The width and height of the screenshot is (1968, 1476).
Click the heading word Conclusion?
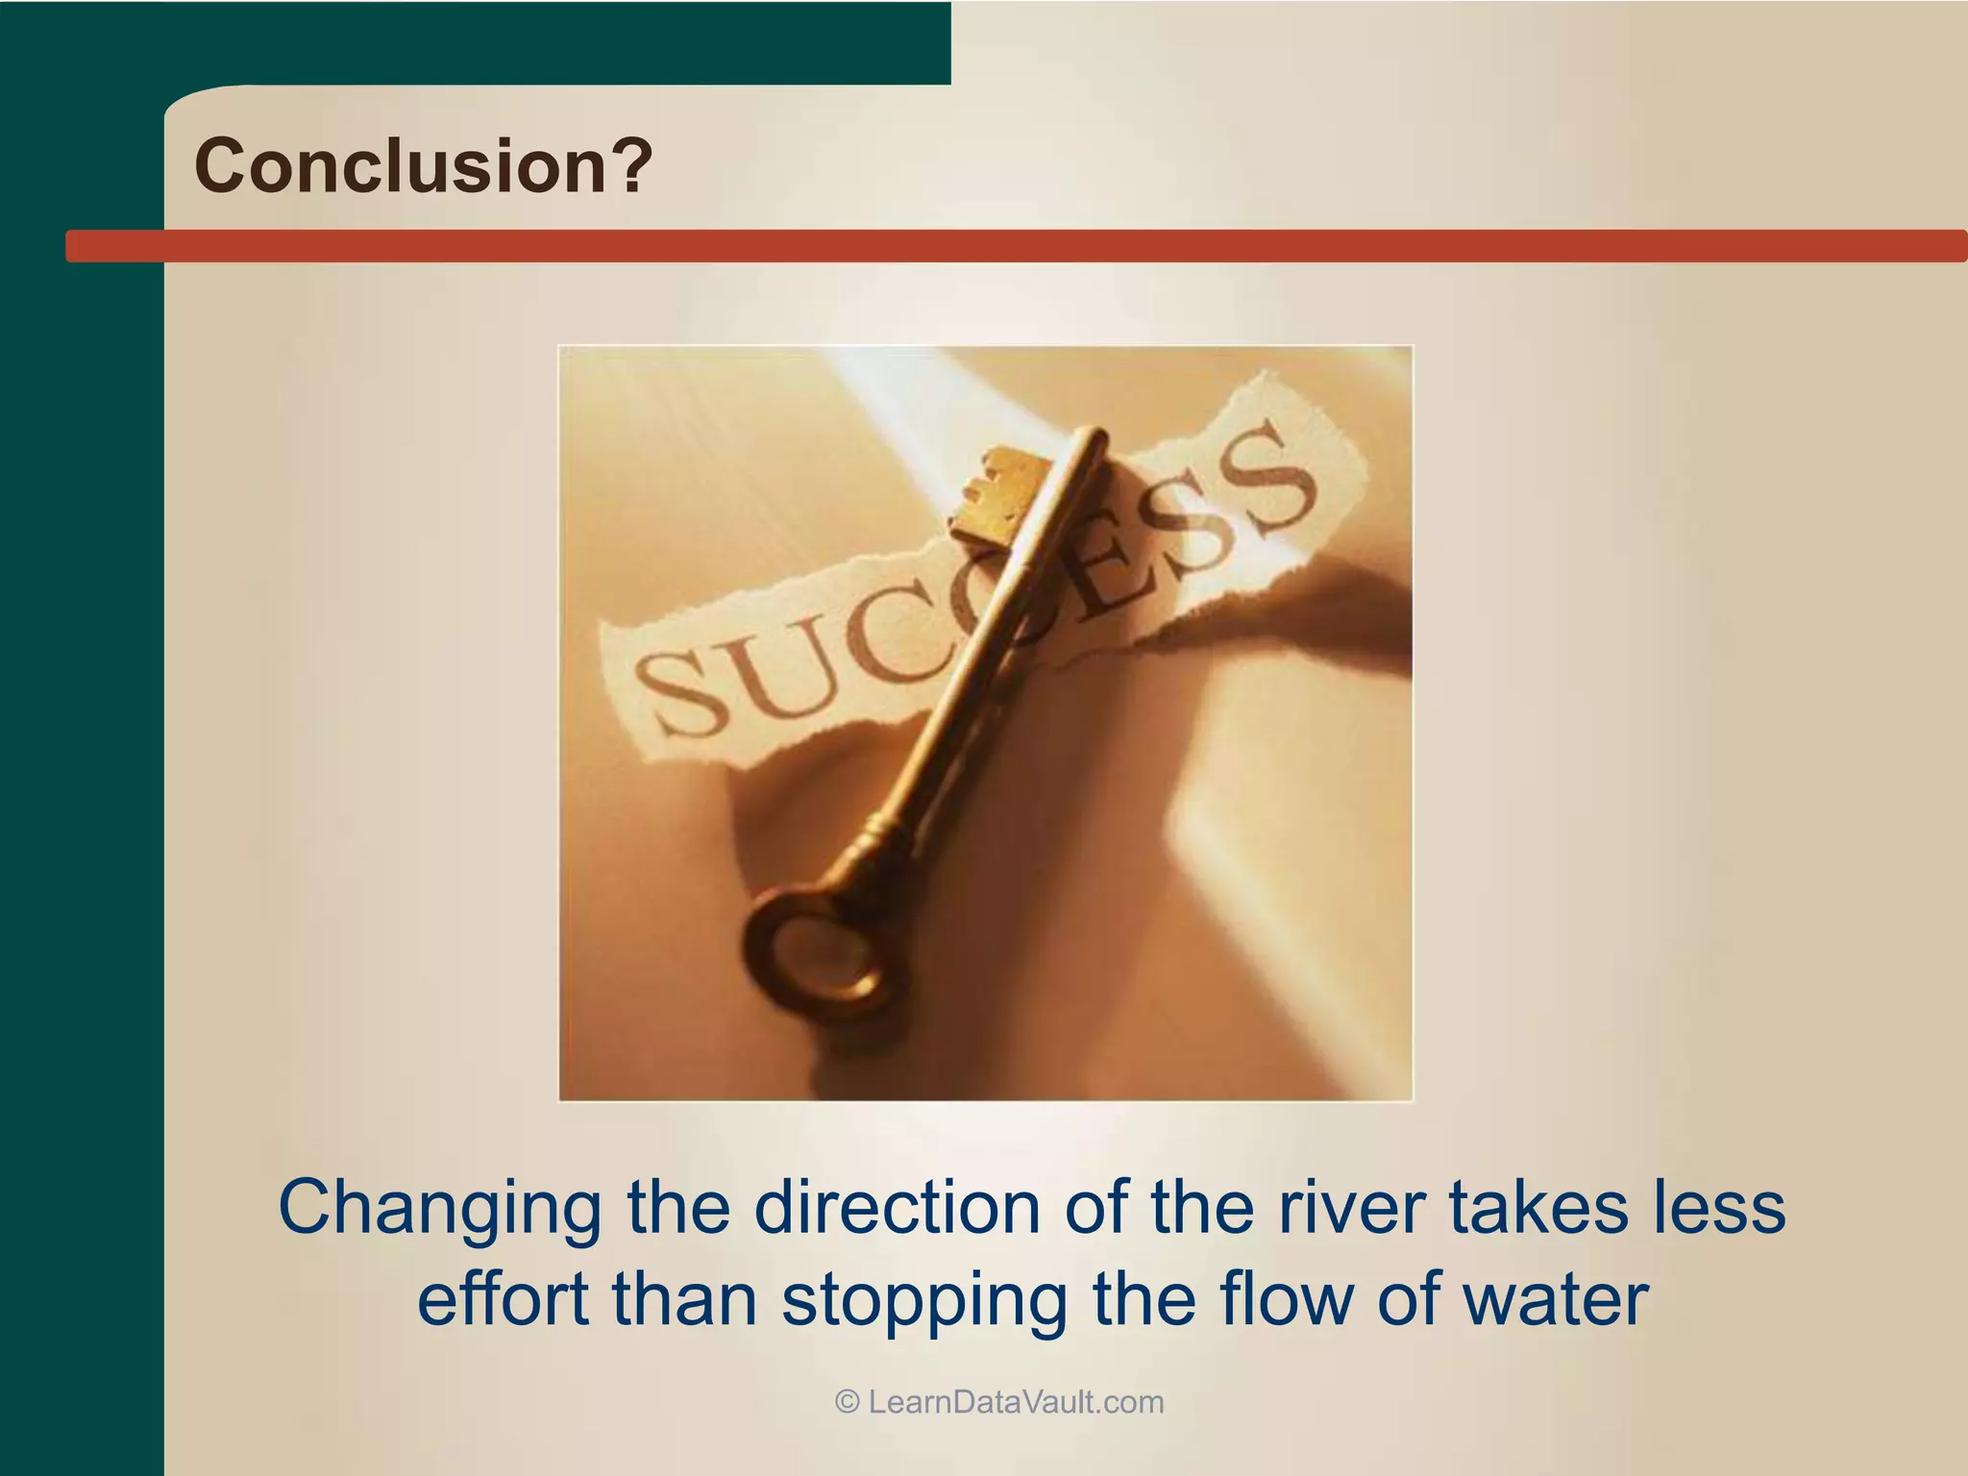[423, 165]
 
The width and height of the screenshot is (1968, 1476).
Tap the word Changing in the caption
[438, 1208]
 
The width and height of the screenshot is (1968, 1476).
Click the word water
[1556, 1299]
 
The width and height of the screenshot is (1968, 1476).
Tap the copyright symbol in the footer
[847, 1402]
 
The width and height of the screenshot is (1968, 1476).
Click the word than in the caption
[684, 1299]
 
